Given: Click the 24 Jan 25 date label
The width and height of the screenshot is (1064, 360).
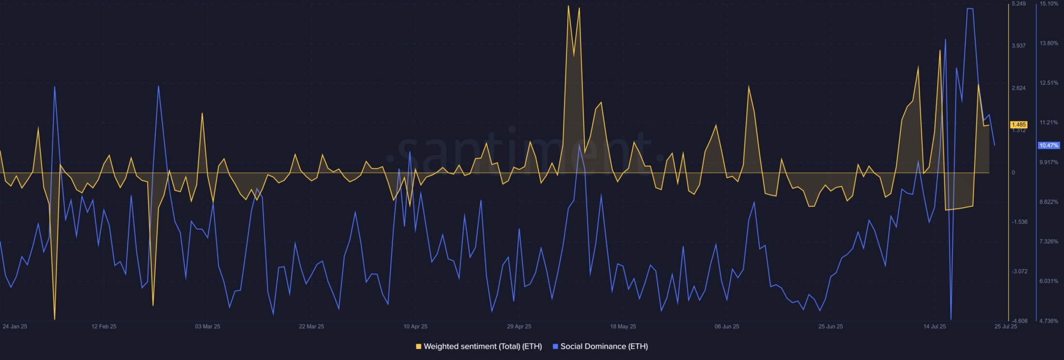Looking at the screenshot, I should [15, 327].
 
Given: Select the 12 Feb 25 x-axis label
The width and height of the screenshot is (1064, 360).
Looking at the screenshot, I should [104, 327].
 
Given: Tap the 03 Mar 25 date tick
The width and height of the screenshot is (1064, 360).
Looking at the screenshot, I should [207, 327].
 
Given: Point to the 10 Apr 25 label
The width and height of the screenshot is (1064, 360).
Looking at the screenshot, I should [415, 327].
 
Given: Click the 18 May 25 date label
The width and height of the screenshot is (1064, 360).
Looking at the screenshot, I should [623, 327].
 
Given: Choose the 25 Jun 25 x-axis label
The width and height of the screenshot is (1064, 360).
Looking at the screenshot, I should [830, 327].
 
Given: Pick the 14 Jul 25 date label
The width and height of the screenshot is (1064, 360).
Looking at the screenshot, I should [934, 327].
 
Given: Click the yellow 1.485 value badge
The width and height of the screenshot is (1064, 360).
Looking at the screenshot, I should [1018, 125].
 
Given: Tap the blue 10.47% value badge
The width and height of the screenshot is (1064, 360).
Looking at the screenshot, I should [1048, 145].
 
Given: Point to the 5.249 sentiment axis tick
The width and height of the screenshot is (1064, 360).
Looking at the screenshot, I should [1018, 4].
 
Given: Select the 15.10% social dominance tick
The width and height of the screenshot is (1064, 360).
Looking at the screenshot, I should [1048, 4].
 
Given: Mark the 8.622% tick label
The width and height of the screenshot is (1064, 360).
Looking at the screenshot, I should [1048, 202].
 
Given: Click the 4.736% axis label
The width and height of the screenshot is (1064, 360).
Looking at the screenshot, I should [1048, 321].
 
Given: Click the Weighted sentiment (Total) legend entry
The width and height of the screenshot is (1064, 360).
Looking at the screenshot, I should [482, 346].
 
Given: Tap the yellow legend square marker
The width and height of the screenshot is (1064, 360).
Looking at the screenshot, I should [419, 346].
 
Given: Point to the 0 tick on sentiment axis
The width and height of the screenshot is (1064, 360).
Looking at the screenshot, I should [1013, 172].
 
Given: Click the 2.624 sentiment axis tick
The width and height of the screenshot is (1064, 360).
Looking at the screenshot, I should [1018, 88].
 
